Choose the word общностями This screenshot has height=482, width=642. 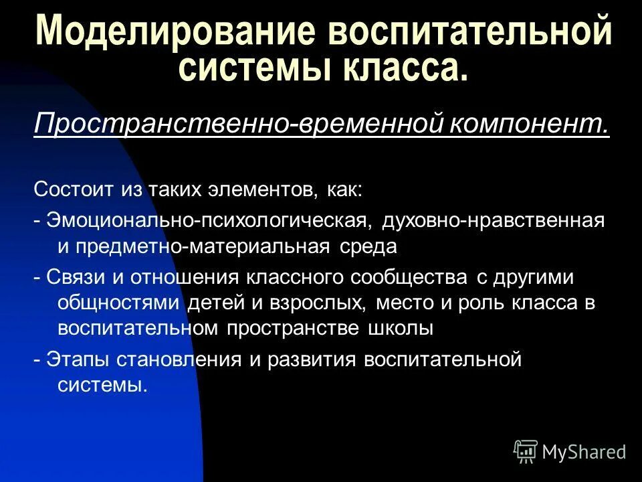119,302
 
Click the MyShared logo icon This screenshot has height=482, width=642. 526,451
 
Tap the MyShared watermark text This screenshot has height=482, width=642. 583,452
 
